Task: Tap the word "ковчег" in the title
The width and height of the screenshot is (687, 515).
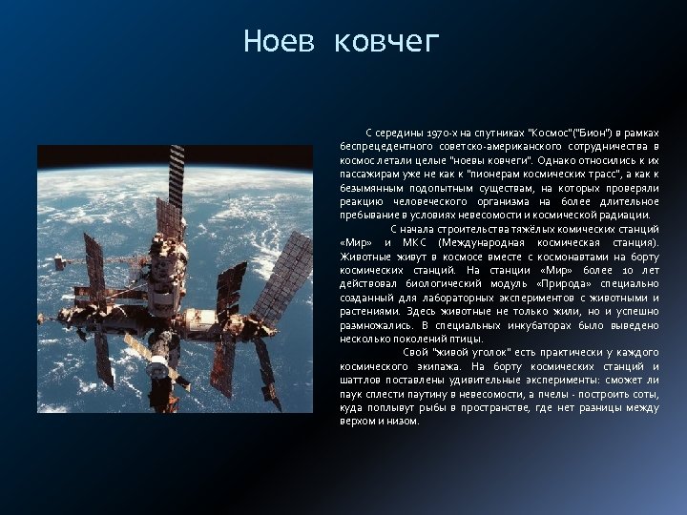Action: [x=387, y=43]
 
